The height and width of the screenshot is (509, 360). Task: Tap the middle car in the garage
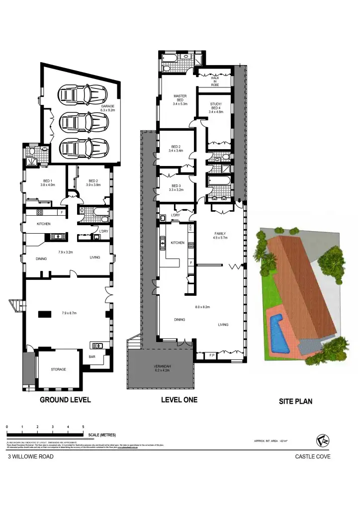[x=83, y=120]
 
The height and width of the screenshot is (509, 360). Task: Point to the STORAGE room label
[x=58, y=369]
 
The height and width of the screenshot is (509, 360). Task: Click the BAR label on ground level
[x=92, y=356]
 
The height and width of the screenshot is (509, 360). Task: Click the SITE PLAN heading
[x=295, y=401]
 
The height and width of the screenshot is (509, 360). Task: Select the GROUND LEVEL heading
[x=65, y=400]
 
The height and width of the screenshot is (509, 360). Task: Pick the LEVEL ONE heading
[x=179, y=400]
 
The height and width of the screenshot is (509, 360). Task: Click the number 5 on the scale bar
[x=83, y=427]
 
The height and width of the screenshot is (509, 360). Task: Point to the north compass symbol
[x=323, y=440]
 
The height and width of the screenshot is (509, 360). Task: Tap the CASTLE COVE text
[x=313, y=457]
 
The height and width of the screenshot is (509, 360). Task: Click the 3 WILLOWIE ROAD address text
[x=30, y=457]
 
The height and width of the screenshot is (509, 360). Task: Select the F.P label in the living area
[x=211, y=355]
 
